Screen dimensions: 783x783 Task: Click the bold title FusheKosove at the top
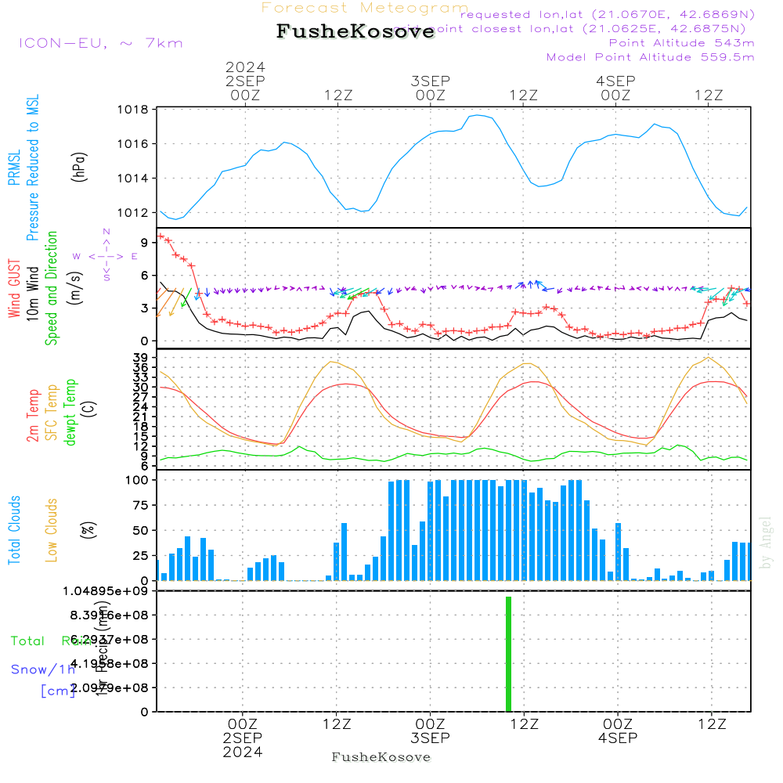355,32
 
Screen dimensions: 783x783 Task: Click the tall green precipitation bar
508,654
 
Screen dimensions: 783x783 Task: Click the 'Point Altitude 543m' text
681,42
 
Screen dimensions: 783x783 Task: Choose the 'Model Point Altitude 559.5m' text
650,56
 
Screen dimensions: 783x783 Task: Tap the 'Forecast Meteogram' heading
365,8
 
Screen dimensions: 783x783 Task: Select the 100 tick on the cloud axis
139,480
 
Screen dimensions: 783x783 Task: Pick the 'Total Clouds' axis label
15,530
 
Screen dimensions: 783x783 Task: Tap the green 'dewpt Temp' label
70,413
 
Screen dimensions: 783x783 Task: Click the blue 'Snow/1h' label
43,669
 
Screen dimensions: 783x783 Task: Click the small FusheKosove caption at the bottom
381,757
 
